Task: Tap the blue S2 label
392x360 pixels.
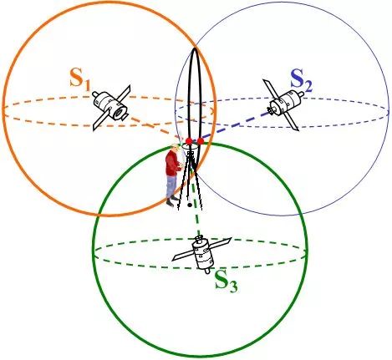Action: point(301,81)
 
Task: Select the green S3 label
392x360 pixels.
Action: point(227,281)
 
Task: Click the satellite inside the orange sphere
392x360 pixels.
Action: point(112,107)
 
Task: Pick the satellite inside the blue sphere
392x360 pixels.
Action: point(283,104)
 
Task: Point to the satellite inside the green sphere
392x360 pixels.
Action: point(202,252)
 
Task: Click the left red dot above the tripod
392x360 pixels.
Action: point(189,141)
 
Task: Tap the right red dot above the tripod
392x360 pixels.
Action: point(201,141)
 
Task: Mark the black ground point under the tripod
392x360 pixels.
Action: point(190,205)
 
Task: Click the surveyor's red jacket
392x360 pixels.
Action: point(173,164)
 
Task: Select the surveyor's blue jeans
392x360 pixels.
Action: point(171,185)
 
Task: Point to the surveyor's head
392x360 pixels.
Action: point(176,148)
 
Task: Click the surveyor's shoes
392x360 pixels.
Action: point(172,201)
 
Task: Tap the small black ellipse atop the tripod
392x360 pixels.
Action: point(190,146)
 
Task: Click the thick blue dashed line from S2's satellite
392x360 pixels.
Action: point(232,125)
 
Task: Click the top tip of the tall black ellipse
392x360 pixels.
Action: point(195,48)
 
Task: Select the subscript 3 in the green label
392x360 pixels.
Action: point(233,286)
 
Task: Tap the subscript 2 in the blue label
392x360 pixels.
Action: point(308,87)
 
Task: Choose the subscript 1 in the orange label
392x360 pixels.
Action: point(87,85)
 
